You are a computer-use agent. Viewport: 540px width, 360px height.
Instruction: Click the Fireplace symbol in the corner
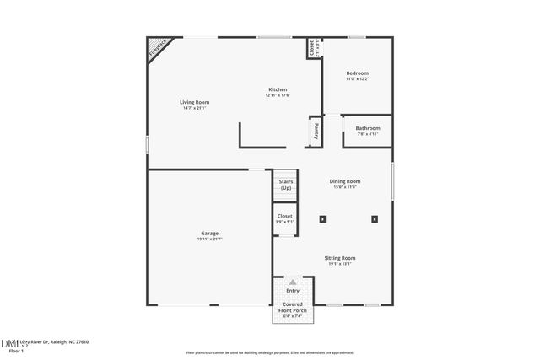(158, 49)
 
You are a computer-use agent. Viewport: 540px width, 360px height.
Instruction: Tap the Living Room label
(193, 102)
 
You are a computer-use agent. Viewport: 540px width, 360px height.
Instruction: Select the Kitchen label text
(278, 89)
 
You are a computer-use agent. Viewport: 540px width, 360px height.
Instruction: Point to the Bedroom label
(357, 73)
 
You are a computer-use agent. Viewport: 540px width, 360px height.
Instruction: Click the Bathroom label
(367, 128)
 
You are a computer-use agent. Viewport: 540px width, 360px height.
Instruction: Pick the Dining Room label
(344, 181)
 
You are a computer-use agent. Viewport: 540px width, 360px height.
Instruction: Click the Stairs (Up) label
(285, 184)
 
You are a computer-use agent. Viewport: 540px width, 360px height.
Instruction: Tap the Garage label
(209, 233)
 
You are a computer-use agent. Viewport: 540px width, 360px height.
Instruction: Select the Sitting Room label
(341, 258)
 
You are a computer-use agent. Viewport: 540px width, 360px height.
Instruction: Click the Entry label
(293, 291)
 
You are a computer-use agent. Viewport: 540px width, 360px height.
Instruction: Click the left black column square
(322, 219)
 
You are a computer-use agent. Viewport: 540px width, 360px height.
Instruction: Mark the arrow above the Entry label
(293, 282)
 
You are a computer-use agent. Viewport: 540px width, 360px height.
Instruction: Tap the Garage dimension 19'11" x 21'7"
(209, 239)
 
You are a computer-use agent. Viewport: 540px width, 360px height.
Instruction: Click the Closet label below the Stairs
(285, 217)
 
